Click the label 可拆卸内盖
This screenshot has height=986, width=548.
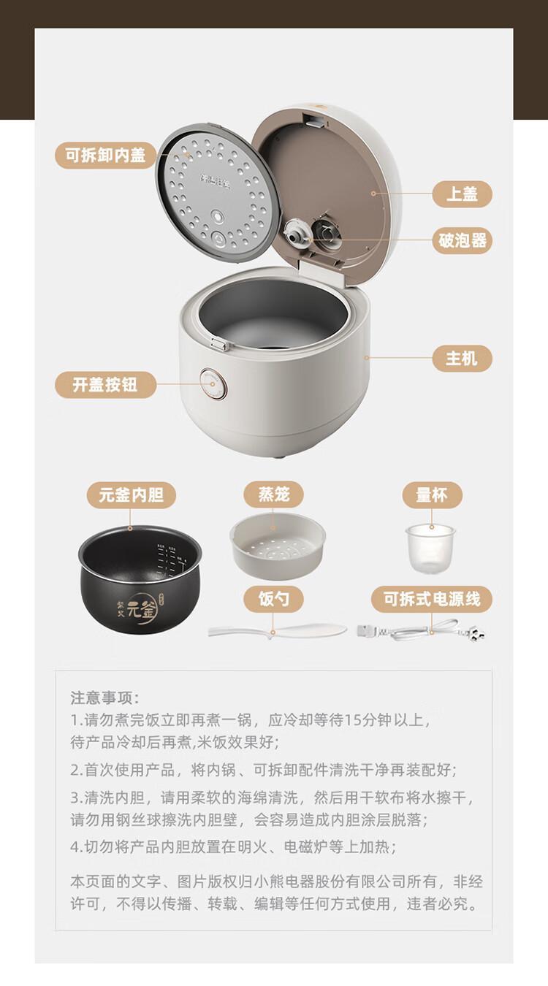click(105, 155)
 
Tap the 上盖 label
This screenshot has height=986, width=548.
click(462, 194)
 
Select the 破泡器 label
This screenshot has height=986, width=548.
click(462, 240)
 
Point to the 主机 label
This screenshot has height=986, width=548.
click(462, 359)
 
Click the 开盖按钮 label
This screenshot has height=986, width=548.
click(105, 385)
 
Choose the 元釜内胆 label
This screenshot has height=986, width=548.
click(132, 495)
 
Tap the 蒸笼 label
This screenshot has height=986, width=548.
click(273, 494)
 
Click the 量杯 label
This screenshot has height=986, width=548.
click(432, 495)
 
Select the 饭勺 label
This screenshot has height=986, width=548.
click(273, 599)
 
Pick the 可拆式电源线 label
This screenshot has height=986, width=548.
click(432, 599)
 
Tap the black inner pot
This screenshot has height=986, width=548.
click(140, 580)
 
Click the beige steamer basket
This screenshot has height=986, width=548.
click(278, 545)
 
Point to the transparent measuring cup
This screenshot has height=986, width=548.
click(430, 548)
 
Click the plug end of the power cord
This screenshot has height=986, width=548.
click(475, 634)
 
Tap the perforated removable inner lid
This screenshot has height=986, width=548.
click(219, 194)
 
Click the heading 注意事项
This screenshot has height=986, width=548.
click(104, 698)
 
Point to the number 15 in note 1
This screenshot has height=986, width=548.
click(352, 720)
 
